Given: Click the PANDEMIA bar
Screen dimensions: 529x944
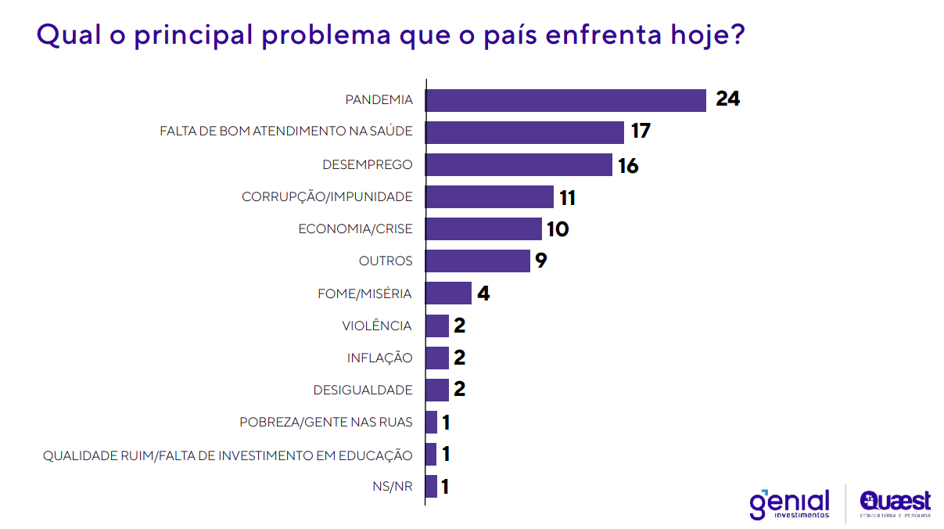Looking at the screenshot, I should (x=565, y=100).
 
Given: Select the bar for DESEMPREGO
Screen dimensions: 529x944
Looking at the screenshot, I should (x=519, y=165).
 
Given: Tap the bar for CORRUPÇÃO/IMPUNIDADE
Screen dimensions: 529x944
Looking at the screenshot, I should (x=490, y=197).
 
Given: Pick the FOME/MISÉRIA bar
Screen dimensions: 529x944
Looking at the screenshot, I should (x=448, y=293).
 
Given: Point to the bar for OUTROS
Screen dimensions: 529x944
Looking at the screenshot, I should (x=478, y=261).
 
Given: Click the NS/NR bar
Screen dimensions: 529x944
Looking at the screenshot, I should (x=431, y=487).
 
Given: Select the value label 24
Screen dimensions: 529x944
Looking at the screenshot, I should (x=727, y=100).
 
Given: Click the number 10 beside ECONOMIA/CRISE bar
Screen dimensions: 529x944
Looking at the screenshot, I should (x=558, y=229).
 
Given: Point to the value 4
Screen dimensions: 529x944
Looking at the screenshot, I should (x=483, y=294).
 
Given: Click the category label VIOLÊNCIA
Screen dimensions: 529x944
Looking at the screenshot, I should (x=377, y=326).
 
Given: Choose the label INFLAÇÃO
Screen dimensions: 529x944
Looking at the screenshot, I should (x=379, y=358).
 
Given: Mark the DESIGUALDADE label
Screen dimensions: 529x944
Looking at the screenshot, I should (x=363, y=390).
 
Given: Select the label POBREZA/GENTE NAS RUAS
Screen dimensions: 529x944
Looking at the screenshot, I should (x=326, y=423).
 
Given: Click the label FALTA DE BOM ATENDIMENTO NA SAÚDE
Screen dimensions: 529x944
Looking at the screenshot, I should (x=285, y=132).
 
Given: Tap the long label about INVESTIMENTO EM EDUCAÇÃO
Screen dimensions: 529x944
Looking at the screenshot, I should (x=228, y=455).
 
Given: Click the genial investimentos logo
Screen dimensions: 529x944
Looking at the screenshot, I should (x=789, y=504).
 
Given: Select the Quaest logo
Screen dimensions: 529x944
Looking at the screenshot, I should (x=895, y=503).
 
